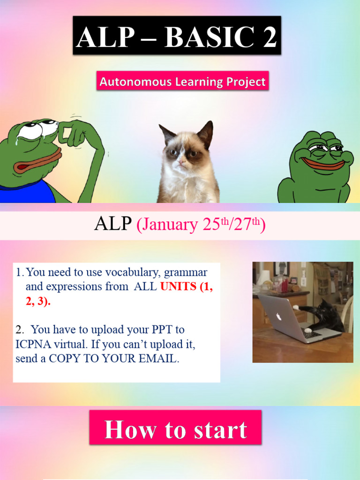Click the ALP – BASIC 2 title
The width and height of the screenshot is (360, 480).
[x=177, y=36]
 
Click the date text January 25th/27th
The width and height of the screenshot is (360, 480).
[x=201, y=225]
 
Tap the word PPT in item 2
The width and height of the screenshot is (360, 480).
[x=164, y=330]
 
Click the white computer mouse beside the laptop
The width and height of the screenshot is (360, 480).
[x=308, y=330]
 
